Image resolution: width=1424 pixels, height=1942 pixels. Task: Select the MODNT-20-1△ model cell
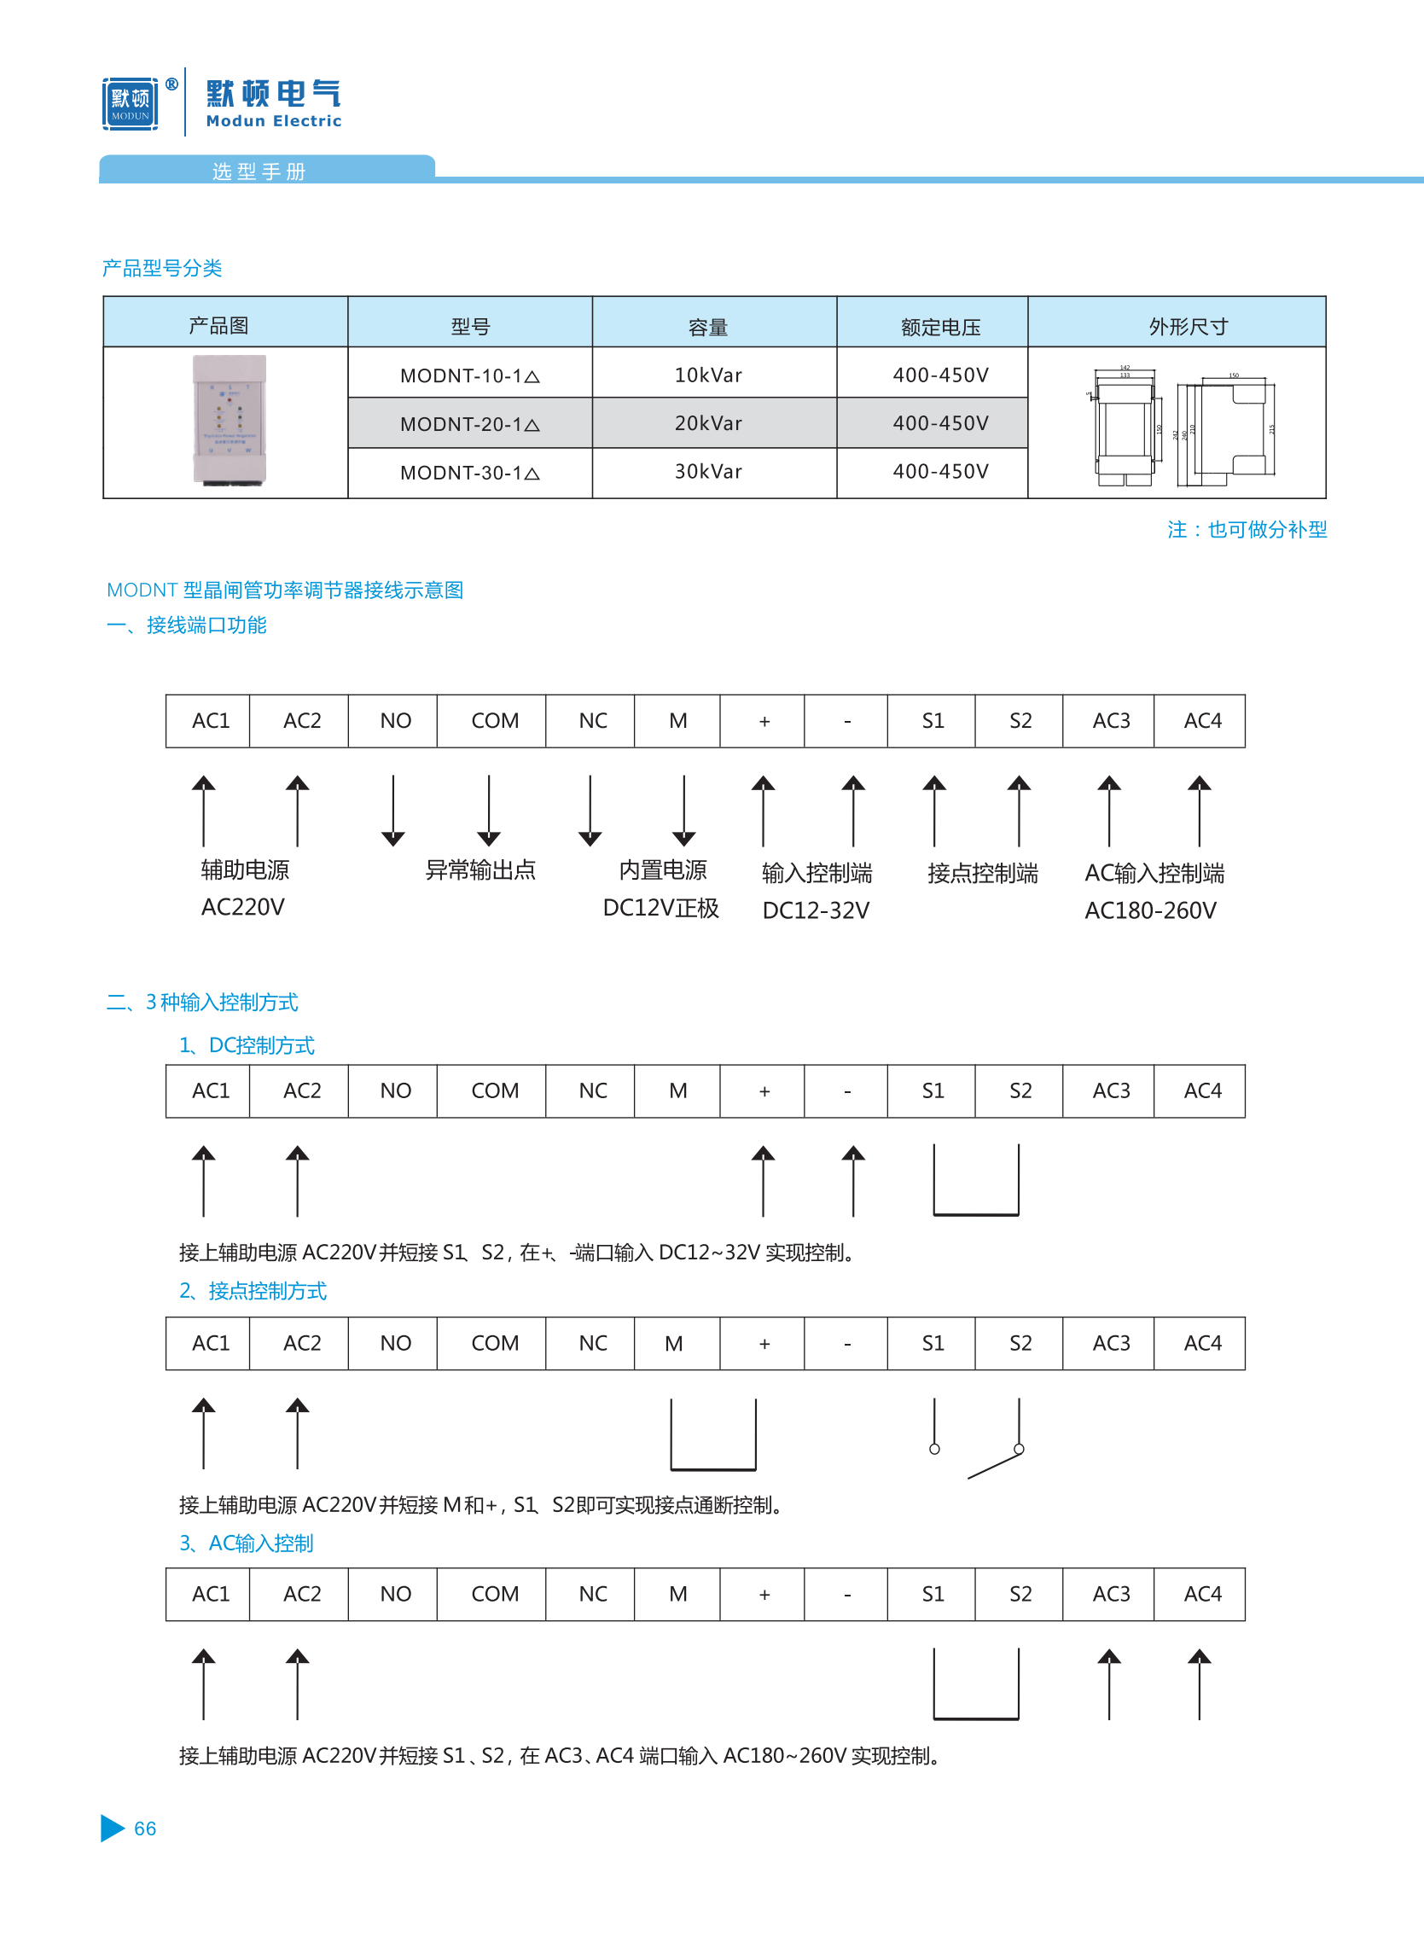pyautogui.click(x=470, y=423)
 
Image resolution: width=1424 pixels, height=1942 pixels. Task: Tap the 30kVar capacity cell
pyautogui.click(x=707, y=472)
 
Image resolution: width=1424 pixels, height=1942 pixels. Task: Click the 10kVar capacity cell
pyautogui.click(x=707, y=375)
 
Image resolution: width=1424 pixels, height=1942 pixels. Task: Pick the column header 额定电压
pyautogui.click(x=940, y=327)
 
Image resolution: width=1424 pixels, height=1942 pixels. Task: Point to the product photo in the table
pyautogui.click(x=230, y=420)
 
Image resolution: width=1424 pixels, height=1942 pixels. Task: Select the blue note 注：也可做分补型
pyautogui.click(x=1247, y=529)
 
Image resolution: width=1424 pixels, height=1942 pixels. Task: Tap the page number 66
pyautogui.click(x=145, y=1829)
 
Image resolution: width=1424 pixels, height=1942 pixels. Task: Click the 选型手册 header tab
pyautogui.click(x=259, y=171)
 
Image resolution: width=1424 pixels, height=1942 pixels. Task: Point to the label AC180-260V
pyautogui.click(x=1150, y=910)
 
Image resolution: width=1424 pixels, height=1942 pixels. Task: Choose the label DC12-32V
pyautogui.click(x=816, y=910)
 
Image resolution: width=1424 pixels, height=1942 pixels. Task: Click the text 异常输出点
pyautogui.click(x=480, y=869)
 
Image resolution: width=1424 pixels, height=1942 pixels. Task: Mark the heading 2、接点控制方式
pyautogui.click(x=253, y=1290)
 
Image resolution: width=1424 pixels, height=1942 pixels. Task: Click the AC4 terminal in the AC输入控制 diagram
pyautogui.click(x=1202, y=1594)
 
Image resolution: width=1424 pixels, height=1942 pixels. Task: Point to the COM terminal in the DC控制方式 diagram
pyautogui.click(x=495, y=1090)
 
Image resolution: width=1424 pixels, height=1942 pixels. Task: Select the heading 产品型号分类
pyautogui.click(x=162, y=268)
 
